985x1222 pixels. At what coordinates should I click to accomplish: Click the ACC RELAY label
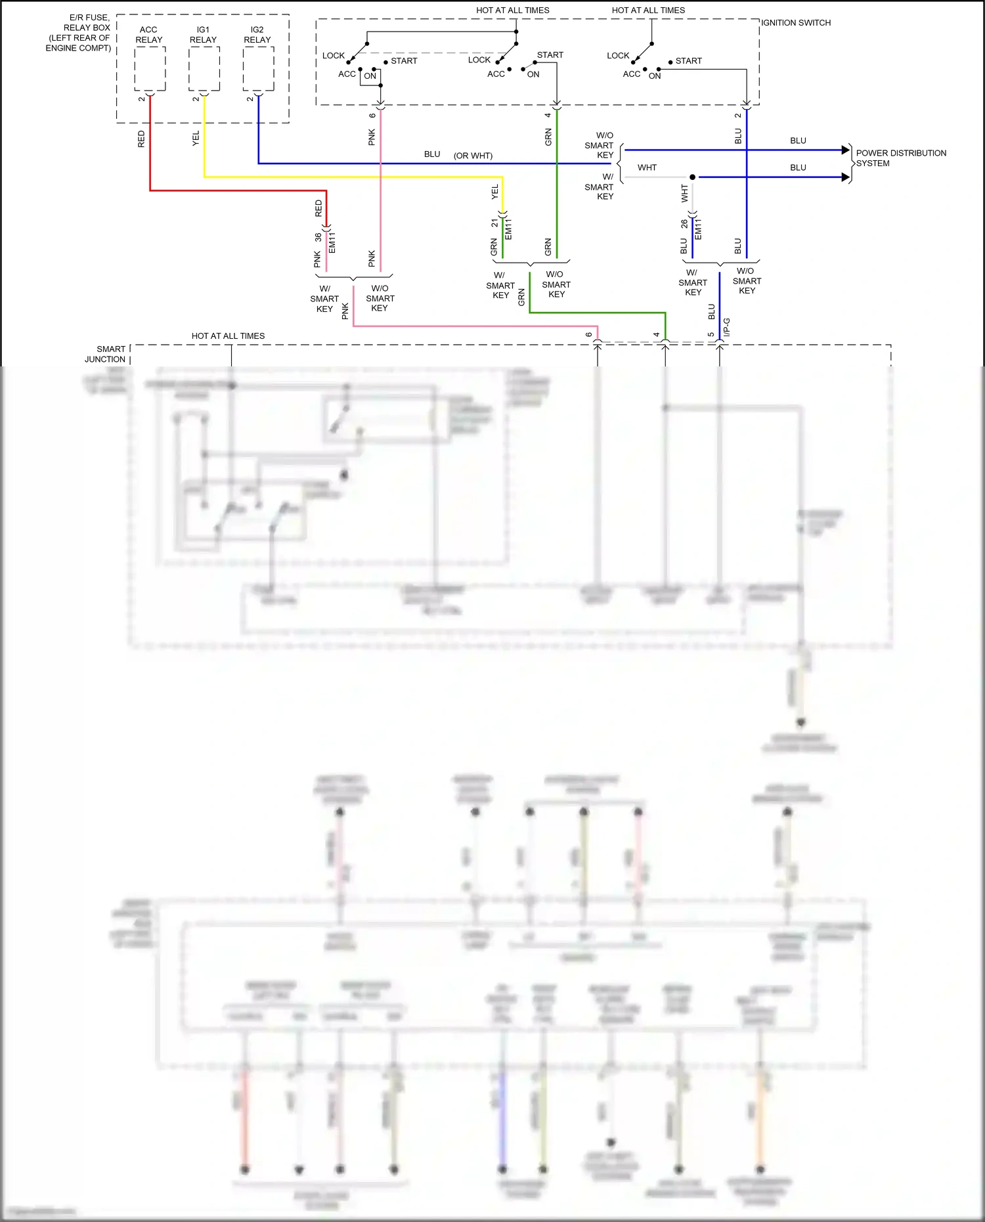coord(148,35)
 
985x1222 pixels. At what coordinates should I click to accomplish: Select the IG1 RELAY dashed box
coord(204,69)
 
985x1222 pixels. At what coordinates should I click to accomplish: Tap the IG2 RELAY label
coord(257,35)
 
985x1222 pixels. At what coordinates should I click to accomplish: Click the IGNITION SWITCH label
coord(796,23)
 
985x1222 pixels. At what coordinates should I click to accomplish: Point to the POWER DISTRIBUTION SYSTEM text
coord(900,158)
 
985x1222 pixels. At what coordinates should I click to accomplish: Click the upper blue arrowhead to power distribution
coord(846,150)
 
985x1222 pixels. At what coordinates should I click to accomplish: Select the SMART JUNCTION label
coord(105,354)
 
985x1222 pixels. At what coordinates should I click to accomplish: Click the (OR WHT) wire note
coord(473,156)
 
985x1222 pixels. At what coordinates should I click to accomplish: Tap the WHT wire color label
coord(647,167)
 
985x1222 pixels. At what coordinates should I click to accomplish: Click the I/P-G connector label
coord(726,328)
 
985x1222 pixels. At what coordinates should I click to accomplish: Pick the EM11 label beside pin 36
coord(332,242)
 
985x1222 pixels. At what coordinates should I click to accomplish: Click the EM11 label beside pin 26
coord(698,229)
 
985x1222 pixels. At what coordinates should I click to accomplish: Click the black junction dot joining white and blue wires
coord(692,177)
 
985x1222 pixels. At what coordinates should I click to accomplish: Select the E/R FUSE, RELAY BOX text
coord(79,33)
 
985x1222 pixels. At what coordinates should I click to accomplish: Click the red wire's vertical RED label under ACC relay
coord(141,139)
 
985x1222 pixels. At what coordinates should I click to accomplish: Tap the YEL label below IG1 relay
coord(196,139)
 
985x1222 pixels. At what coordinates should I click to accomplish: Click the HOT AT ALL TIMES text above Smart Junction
coord(228,336)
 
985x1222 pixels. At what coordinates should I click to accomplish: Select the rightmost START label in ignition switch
coord(688,61)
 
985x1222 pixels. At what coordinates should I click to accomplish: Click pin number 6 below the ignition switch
coord(372,116)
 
